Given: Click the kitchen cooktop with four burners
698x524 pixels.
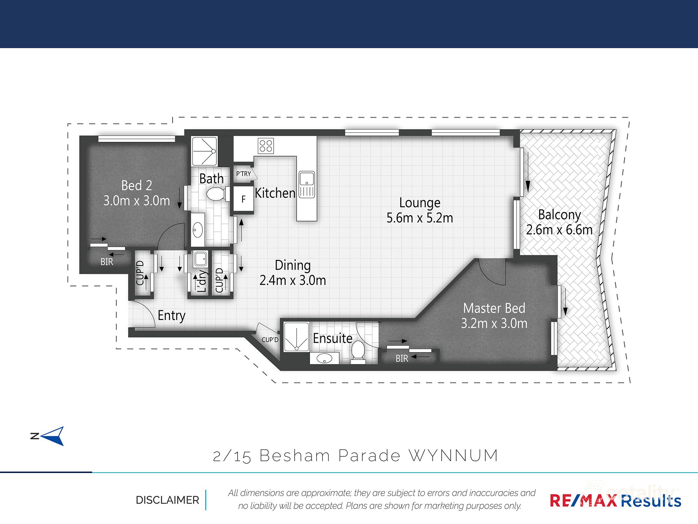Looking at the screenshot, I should point(266,146).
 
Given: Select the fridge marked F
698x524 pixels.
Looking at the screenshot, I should point(243,199).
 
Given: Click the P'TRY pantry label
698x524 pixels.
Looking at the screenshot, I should point(244,174).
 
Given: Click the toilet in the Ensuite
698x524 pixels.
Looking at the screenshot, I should point(358,351).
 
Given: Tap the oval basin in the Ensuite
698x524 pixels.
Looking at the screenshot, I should point(325,358).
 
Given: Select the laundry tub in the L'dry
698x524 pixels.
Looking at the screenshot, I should point(200,259).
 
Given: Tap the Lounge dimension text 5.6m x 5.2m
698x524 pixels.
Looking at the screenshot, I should point(419,218).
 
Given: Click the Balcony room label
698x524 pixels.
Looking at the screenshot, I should point(559,214).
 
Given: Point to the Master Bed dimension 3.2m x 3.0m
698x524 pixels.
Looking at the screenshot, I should point(494,323).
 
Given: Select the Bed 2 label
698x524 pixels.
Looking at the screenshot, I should point(136,185).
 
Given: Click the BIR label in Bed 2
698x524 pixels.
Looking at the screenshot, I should point(107,262).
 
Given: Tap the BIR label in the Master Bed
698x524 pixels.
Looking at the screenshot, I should point(402,358).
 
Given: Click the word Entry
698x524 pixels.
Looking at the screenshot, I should point(171,315).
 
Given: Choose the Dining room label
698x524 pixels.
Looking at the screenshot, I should point(292,265).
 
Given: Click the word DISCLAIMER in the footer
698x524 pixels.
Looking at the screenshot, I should point(167,500).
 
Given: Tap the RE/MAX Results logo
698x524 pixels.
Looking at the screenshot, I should point(615,501).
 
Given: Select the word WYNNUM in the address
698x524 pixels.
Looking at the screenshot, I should point(453,456).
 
